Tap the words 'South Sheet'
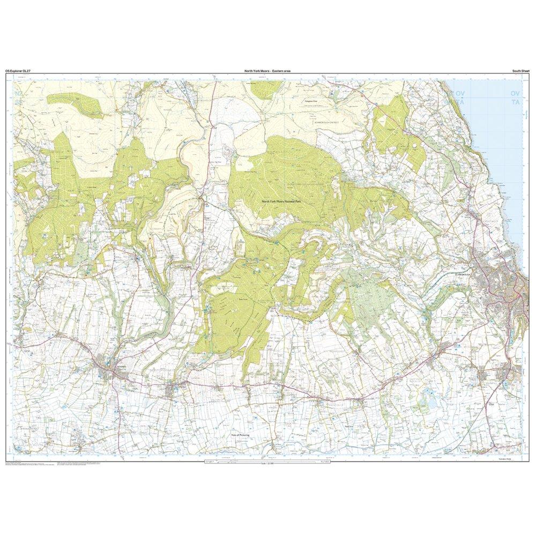(x=520, y=71)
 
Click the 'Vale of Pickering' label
(x=241, y=435)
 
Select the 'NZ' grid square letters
(x=19, y=93)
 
